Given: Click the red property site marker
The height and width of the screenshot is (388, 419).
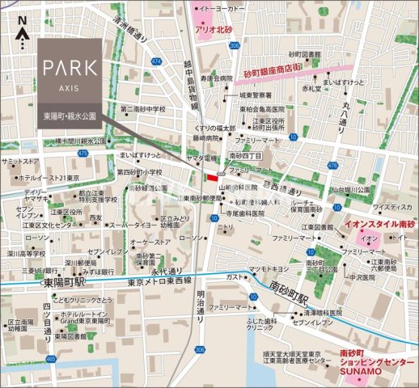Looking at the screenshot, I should pyautogui.click(x=212, y=178).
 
